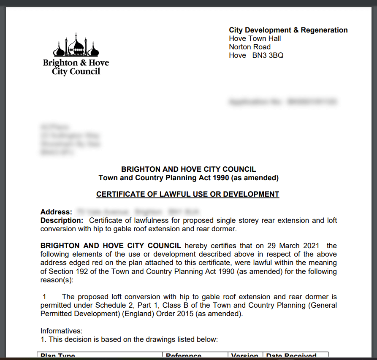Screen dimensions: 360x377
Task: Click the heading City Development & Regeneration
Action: click(x=288, y=30)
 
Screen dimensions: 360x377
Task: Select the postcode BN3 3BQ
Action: click(x=268, y=55)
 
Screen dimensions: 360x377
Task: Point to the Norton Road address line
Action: click(x=250, y=47)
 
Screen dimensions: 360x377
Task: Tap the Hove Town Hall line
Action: click(x=255, y=38)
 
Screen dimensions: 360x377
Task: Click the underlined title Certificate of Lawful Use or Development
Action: click(x=188, y=195)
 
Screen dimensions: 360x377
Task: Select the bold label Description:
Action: click(x=62, y=220)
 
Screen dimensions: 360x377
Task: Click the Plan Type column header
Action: click(x=57, y=356)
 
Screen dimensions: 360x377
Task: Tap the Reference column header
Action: click(x=184, y=356)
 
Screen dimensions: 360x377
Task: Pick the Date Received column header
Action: click(x=291, y=356)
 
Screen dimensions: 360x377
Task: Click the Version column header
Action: click(x=245, y=356)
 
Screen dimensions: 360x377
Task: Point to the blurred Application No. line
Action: click(x=282, y=102)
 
